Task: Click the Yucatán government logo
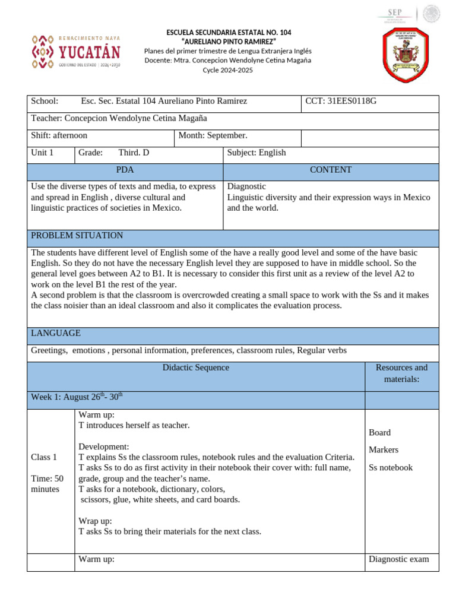[75, 52]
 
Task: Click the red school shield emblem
[406, 55]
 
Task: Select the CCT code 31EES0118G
[341, 102]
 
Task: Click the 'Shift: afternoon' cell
[59, 136]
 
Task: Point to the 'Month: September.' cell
[213, 136]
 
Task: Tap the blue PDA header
[125, 170]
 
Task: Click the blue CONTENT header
[331, 170]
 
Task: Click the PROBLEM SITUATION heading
[77, 236]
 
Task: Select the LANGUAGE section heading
[56, 334]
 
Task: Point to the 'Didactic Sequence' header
[195, 368]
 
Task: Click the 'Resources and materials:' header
[401, 373]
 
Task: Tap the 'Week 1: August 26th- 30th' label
[77, 397]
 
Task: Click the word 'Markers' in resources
[384, 450]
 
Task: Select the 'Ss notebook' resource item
[390, 468]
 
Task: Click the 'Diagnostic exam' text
[398, 559]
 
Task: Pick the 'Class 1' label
[44, 457]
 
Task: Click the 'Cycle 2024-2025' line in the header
[227, 70]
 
